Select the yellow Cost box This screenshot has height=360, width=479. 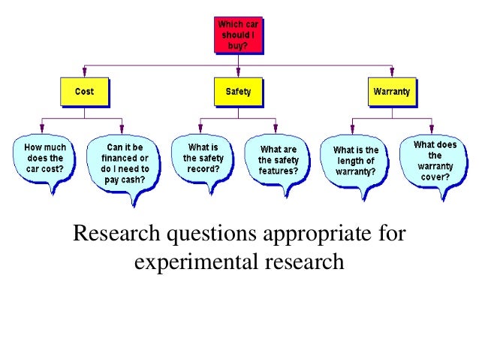coord(84,92)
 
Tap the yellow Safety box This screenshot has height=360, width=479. coord(238,92)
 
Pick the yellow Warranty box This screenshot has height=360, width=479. coord(391,92)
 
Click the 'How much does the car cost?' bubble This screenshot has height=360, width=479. coord(44,159)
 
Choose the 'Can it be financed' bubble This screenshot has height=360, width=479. coord(125,159)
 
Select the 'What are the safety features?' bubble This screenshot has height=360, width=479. coord(279,160)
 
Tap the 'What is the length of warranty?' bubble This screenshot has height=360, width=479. coord(356,160)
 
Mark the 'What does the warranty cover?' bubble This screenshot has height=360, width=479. coord(434,159)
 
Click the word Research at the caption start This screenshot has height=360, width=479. coord(118,235)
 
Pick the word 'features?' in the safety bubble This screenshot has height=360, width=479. coord(279,171)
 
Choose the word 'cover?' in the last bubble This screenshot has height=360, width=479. coord(435,177)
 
